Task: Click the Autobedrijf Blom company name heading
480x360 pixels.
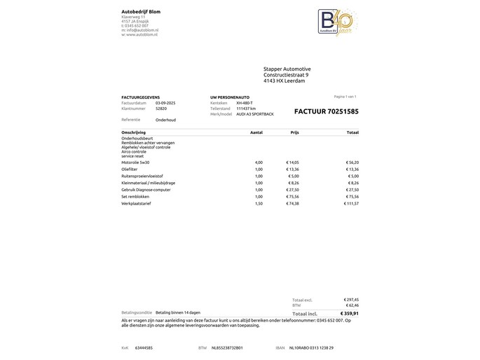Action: (x=141, y=11)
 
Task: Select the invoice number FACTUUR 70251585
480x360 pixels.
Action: (x=326, y=111)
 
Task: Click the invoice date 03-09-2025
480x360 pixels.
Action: (x=165, y=103)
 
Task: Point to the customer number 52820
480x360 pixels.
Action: (x=161, y=109)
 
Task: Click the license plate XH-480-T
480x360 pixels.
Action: (x=245, y=103)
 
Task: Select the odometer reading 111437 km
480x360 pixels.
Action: (x=246, y=109)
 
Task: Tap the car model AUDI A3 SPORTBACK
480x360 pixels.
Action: (x=255, y=114)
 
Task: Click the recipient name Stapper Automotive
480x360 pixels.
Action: (x=287, y=69)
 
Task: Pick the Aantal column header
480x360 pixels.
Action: (x=256, y=132)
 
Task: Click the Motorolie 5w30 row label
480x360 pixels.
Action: (x=135, y=162)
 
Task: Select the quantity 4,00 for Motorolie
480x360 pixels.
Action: (x=259, y=162)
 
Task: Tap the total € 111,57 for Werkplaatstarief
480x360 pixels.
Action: (x=351, y=203)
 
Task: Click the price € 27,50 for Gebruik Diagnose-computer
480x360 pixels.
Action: (x=292, y=190)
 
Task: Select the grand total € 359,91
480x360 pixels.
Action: (x=349, y=313)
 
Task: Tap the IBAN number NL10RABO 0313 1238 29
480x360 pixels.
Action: (x=311, y=347)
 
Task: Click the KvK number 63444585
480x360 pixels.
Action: (x=144, y=347)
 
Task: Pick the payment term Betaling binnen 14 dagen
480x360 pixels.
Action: (x=178, y=312)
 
